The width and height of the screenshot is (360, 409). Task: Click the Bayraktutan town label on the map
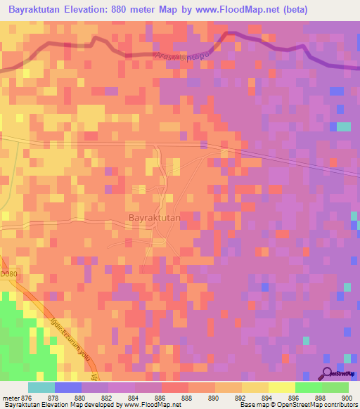[155, 218]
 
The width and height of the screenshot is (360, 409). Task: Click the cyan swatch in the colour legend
[41, 387]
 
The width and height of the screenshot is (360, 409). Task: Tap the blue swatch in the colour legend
[67, 387]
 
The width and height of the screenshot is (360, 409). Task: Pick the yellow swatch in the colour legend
[282, 387]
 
